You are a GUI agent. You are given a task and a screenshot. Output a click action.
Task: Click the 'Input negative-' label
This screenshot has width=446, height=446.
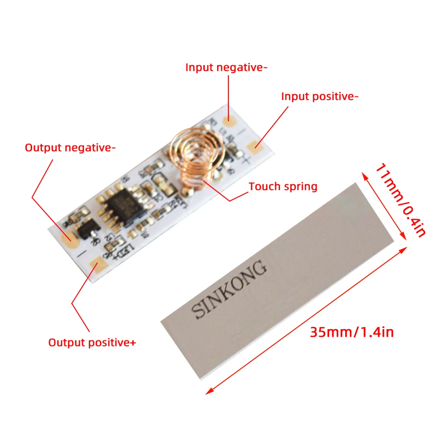click(226, 68)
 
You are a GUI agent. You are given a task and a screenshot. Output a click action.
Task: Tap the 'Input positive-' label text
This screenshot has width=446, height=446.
click(320, 96)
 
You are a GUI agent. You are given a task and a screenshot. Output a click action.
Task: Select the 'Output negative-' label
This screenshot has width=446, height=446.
click(70, 148)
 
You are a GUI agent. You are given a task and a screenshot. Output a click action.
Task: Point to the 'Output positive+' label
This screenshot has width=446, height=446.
click(92, 343)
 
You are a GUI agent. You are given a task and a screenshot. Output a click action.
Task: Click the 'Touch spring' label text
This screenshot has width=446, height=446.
click(283, 186)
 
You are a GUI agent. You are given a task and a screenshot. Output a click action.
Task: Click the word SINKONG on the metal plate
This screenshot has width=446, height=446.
click(230, 290)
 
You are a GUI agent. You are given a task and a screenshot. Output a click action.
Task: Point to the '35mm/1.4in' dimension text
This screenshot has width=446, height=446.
click(352, 332)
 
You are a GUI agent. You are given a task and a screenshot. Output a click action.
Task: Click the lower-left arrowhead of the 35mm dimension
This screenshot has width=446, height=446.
click(208, 392)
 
